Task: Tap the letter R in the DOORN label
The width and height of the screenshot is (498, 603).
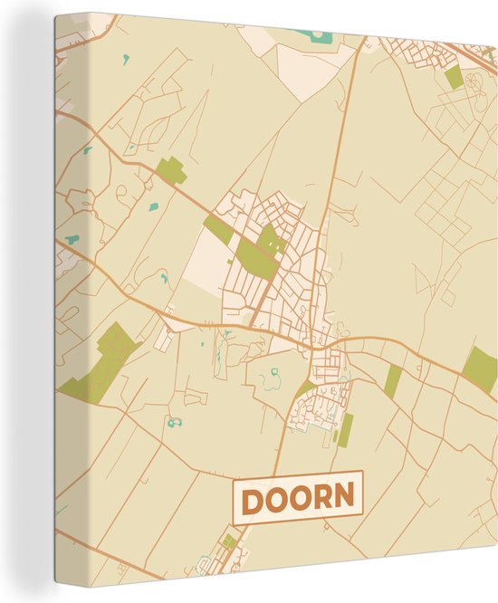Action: [x=322, y=499]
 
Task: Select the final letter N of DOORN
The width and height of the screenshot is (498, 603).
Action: [x=346, y=499]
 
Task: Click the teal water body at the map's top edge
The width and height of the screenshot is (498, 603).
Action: [x=312, y=35]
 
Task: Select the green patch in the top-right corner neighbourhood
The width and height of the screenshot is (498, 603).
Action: [x=454, y=78]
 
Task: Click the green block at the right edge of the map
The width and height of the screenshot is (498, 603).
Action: [x=480, y=367]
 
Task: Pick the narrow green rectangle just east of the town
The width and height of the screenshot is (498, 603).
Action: [x=392, y=381]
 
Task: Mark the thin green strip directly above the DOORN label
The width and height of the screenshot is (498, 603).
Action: [x=344, y=430]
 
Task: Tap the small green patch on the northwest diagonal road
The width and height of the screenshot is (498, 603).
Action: [x=170, y=170]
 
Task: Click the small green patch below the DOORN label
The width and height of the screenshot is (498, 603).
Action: [x=230, y=541]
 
